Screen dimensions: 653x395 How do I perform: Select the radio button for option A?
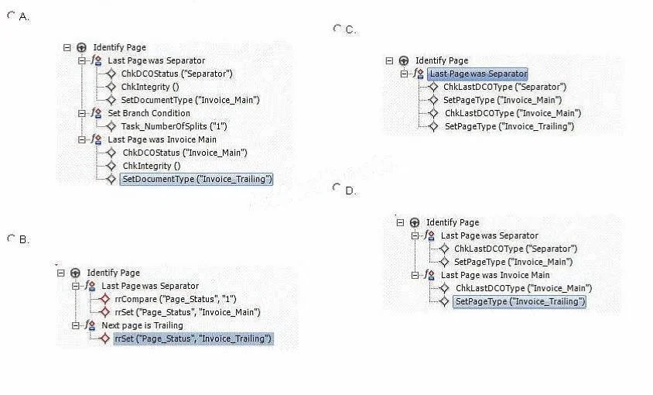point(11,15)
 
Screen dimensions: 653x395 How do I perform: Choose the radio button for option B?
point(11,239)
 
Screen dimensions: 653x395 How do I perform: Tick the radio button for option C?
point(337,29)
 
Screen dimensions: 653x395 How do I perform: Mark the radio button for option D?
point(337,187)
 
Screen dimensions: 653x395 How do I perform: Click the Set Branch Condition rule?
point(149,113)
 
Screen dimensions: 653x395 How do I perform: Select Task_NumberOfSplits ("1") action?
point(173,126)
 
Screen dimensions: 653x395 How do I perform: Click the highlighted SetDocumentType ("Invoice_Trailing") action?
point(197,179)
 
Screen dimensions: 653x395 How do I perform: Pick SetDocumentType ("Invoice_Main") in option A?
point(190,100)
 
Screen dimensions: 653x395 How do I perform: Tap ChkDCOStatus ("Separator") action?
point(176,74)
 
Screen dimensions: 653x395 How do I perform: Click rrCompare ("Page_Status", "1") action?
point(176,299)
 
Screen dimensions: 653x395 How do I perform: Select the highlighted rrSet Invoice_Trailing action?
point(193,338)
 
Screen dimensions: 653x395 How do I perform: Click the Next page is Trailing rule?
point(142,325)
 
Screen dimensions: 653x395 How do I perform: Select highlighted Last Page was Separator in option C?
point(477,74)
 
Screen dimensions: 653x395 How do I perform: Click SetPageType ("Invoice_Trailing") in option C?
point(509,126)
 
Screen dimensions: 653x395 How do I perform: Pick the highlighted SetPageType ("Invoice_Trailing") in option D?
point(519,301)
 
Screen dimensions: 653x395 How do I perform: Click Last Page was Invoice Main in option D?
point(495,275)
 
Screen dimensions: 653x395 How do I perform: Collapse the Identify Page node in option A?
point(67,47)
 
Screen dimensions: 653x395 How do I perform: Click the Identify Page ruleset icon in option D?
point(415,223)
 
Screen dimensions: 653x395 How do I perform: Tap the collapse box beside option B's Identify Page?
point(61,273)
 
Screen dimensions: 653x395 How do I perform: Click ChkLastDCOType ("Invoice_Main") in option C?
point(513,113)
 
